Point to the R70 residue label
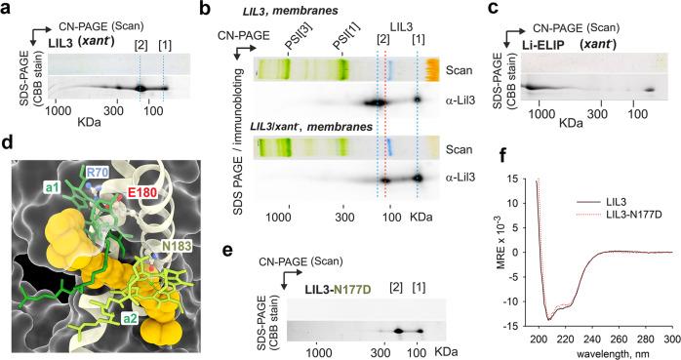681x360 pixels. coord(96,173)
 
